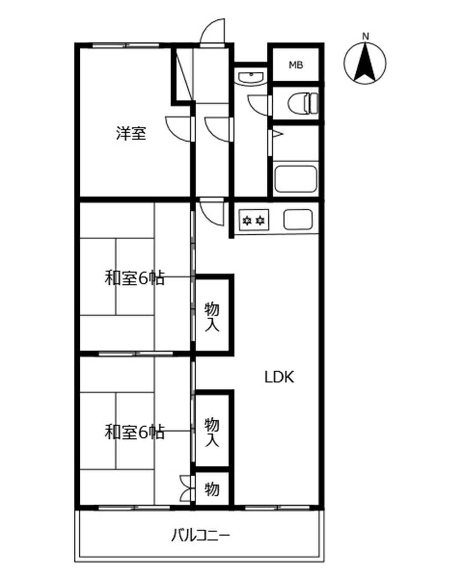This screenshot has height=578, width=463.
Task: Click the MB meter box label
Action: [x=296, y=65]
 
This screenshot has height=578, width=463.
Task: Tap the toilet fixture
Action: [x=303, y=103]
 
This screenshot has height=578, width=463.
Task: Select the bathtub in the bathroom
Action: [x=296, y=179]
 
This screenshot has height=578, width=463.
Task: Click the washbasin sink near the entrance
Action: [x=250, y=77]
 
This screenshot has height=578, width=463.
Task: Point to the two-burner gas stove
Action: [x=254, y=220]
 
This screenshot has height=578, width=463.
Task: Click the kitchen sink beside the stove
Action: [x=298, y=220]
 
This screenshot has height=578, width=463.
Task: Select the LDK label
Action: [x=279, y=377]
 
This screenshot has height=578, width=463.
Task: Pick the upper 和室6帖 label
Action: [x=134, y=278]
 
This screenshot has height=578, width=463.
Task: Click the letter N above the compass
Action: [x=365, y=36]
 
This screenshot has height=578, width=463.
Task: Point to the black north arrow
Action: [x=365, y=63]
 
